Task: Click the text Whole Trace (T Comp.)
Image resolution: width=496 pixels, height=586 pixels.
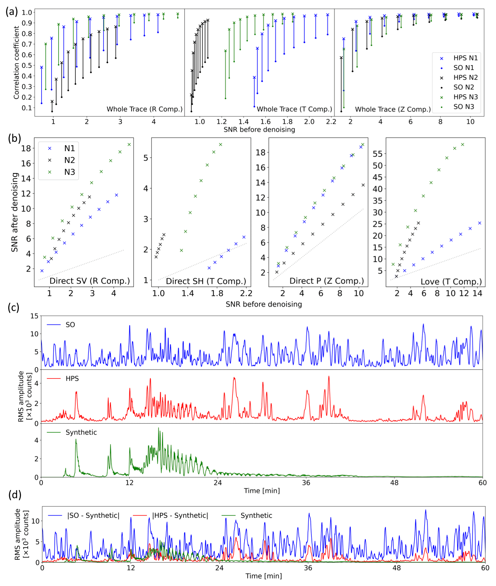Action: [x=294, y=109]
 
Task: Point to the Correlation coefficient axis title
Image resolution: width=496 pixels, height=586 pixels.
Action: [x=16, y=63]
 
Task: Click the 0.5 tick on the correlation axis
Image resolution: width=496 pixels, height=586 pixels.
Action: [x=27, y=65]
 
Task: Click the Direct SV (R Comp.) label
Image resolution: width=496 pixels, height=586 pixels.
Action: [x=90, y=281]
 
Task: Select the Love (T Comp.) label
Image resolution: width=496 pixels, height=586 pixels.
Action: [x=451, y=282]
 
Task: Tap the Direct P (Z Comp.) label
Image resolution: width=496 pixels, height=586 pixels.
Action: [x=326, y=281]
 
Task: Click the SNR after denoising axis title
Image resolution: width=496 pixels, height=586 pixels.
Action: [x=15, y=212]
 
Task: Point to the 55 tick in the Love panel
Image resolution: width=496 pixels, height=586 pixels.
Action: [x=378, y=154]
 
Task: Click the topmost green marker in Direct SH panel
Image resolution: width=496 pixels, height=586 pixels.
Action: [x=220, y=145]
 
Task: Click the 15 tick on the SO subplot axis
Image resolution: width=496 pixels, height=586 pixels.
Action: [x=34, y=316]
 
